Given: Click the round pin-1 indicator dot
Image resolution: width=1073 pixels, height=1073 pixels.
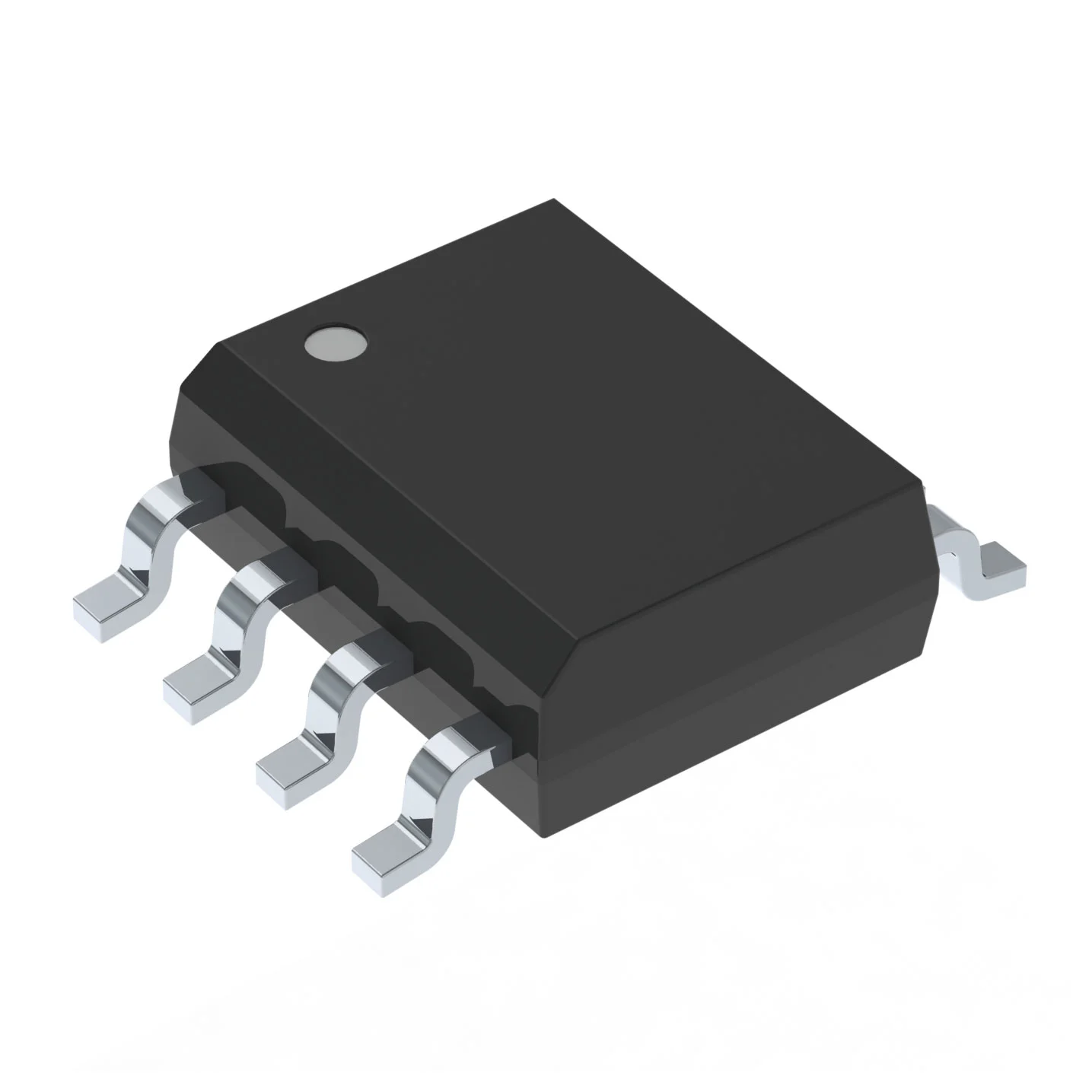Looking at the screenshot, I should pyautogui.click(x=335, y=344).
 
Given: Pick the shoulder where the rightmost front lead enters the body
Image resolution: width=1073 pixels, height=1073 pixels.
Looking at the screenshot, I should pyautogui.click(x=487, y=731).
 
